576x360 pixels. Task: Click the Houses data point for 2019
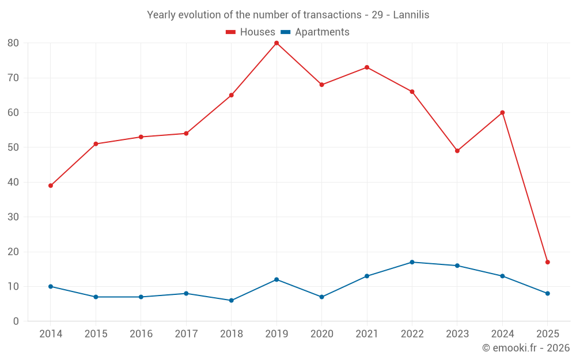click(276, 43)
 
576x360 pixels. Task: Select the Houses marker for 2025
click(547, 262)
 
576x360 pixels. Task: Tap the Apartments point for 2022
click(412, 262)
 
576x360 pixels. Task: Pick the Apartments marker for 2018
click(231, 300)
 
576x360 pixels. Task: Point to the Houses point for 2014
click(51, 185)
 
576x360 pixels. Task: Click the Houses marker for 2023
click(457, 151)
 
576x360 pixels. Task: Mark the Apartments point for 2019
click(276, 279)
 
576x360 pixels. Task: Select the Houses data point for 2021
click(367, 67)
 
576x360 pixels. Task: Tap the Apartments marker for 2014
click(51, 286)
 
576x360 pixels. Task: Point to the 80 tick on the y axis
click(13, 43)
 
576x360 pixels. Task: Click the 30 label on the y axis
click(13, 217)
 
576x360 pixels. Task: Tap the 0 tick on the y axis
click(16, 321)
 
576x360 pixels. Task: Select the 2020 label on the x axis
click(321, 334)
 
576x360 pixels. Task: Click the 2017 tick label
click(186, 334)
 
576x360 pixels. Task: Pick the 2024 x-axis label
click(502, 334)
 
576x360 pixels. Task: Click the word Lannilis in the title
click(411, 15)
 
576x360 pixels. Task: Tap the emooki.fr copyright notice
click(526, 348)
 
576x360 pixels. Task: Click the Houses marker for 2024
click(502, 112)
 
